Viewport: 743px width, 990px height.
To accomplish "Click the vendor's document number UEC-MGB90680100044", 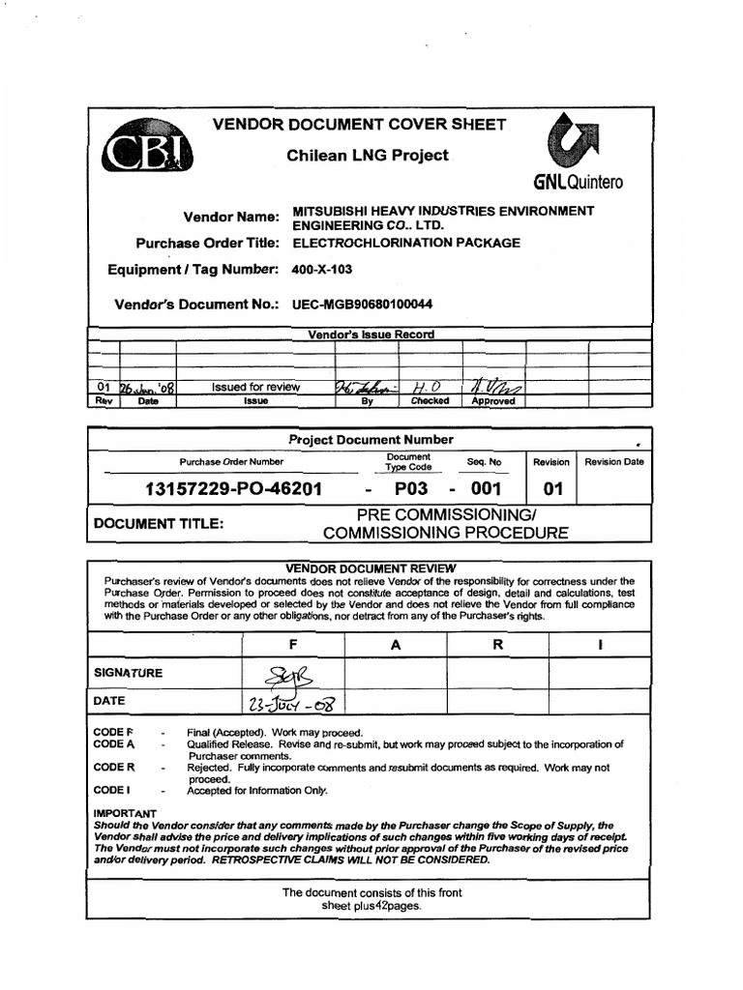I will click(363, 305).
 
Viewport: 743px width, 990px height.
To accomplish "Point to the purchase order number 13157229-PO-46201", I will click(232, 488).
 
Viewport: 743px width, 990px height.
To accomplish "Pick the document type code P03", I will click(410, 488).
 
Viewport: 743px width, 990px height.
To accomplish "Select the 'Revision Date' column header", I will click(613, 462).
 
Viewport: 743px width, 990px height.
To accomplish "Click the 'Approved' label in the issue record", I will click(493, 401).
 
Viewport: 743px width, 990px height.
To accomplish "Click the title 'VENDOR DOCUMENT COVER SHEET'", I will click(359, 125).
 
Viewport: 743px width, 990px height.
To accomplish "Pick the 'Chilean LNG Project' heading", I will click(368, 156).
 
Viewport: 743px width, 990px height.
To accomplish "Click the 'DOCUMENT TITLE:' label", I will click(158, 523).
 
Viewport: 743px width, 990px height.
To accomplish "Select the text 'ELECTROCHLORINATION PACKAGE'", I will click(406, 243).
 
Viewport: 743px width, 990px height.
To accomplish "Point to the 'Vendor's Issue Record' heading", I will click(371, 335).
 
